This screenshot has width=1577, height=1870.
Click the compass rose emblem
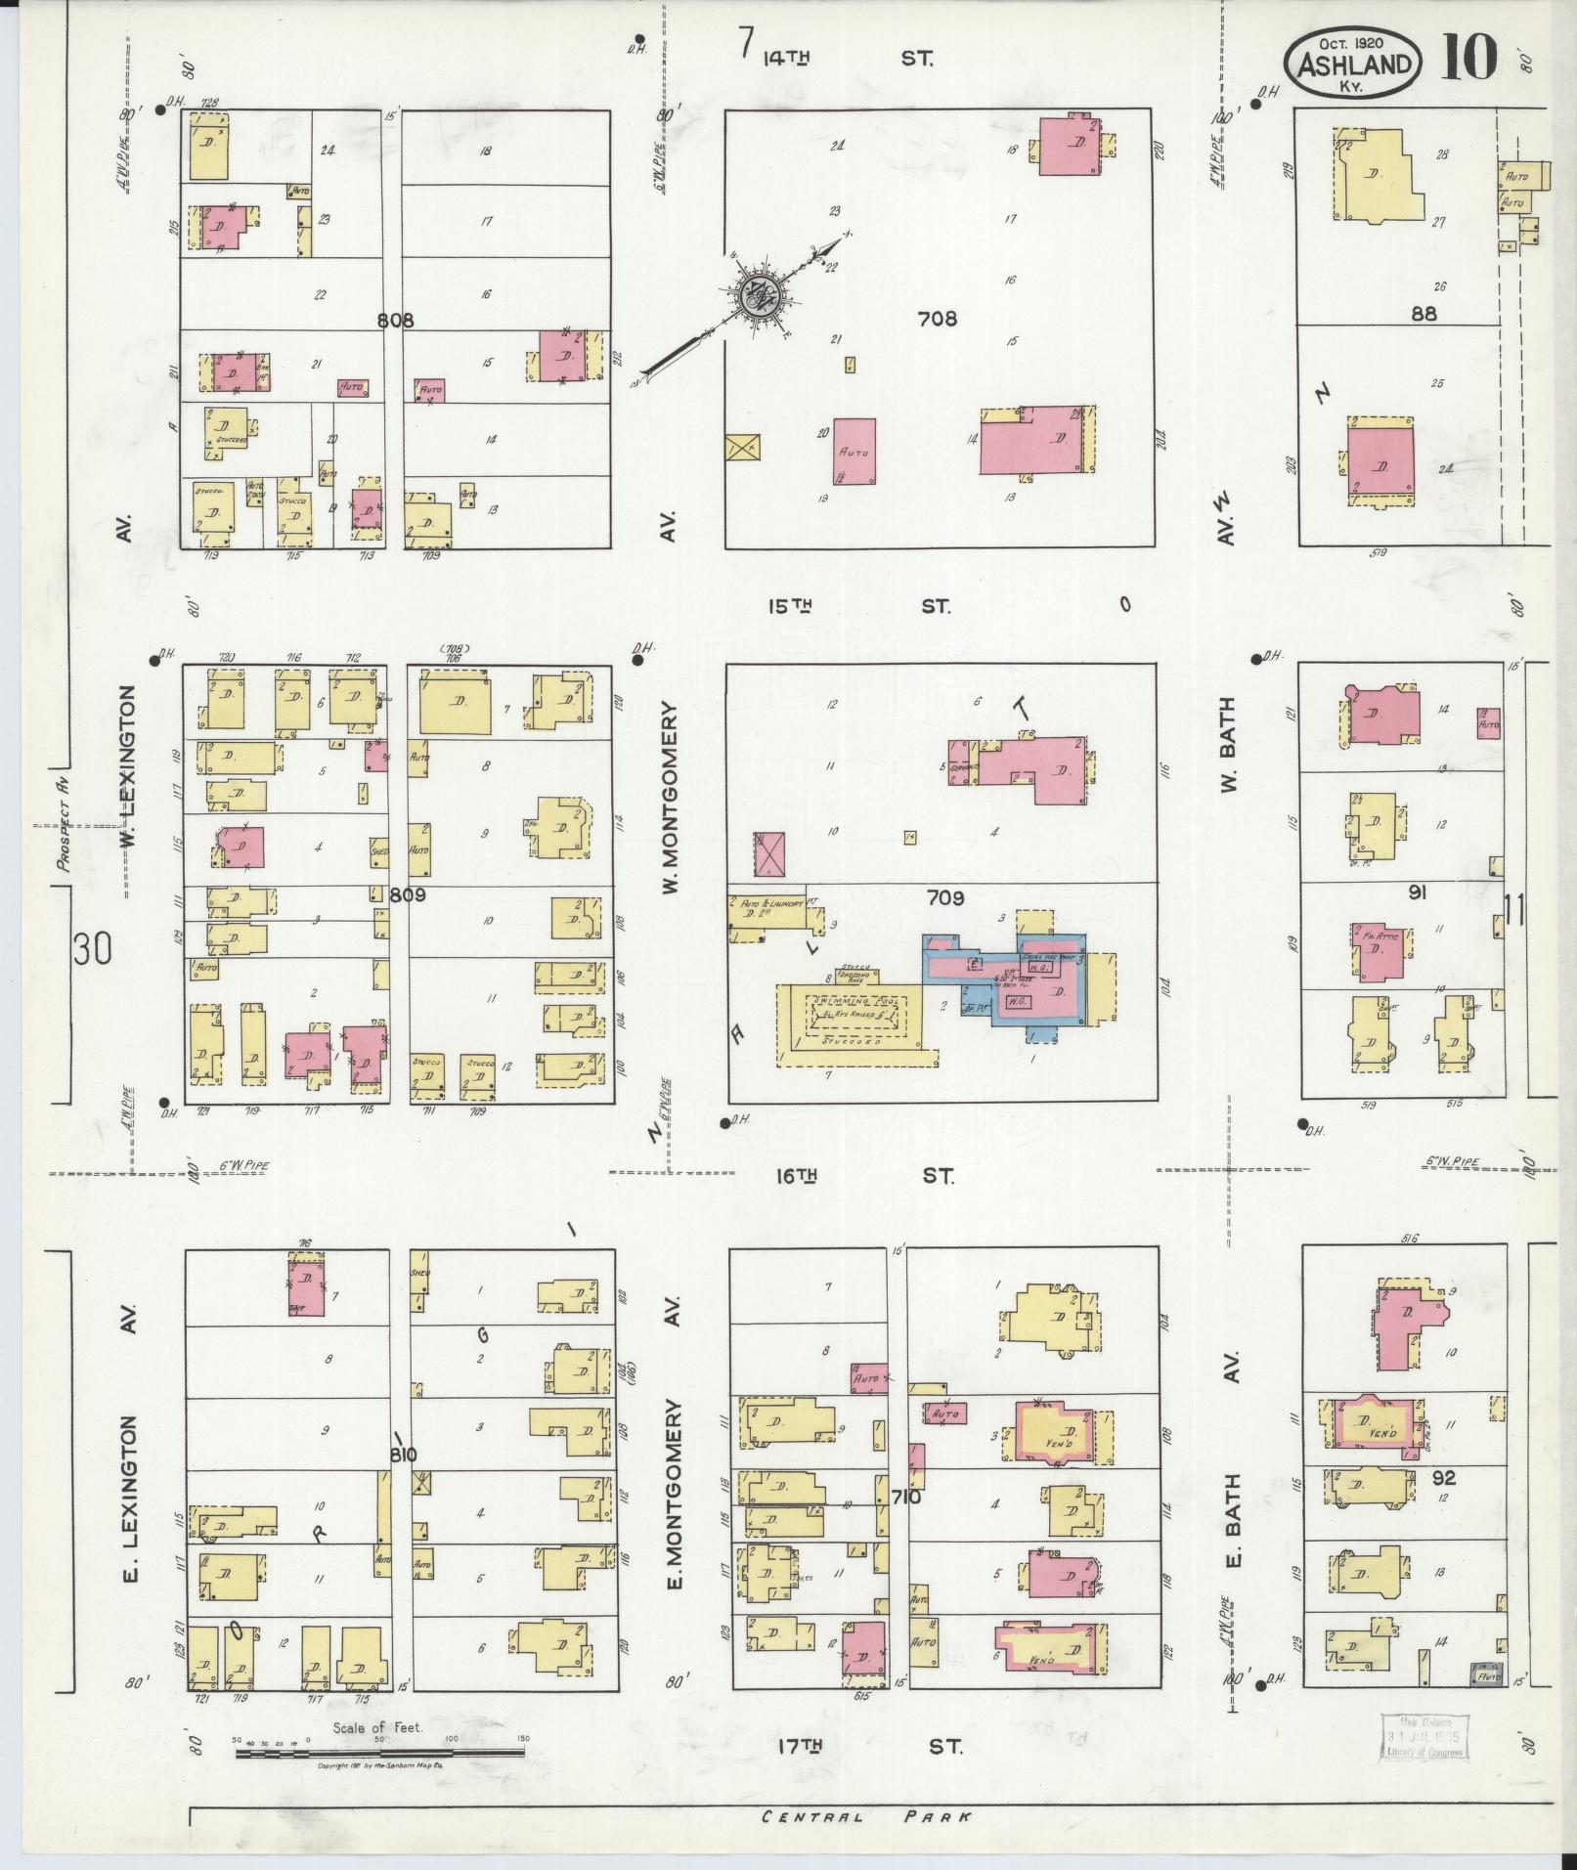[x=759, y=291]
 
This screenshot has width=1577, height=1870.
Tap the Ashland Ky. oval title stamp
[x=1354, y=63]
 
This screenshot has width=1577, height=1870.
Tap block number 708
[x=937, y=319]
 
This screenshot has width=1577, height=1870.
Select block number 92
[x=1443, y=1477]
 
